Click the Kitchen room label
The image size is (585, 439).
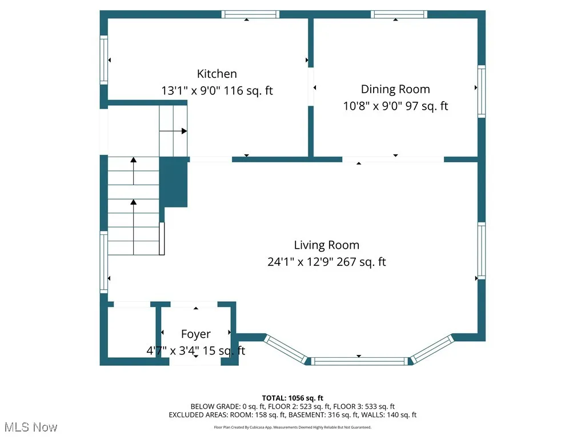point(217,74)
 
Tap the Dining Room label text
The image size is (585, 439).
point(395,89)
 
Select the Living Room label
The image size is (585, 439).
point(326,245)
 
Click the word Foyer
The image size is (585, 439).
point(195,334)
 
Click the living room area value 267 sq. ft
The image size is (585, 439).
point(361,262)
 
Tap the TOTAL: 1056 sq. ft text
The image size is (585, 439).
point(292,398)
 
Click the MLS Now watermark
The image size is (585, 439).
point(31,427)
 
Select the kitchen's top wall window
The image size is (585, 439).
point(250,14)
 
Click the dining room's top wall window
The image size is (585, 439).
point(399,14)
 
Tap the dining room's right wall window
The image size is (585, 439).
point(482,91)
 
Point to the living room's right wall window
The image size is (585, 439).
point(482,251)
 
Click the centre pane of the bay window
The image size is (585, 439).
point(359,361)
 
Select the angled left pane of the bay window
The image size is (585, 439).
point(286,349)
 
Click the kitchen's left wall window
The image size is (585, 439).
point(104,60)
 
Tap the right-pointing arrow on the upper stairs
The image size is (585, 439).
point(173,131)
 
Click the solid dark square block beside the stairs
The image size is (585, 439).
point(173,182)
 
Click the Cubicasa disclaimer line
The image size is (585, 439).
point(292,427)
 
